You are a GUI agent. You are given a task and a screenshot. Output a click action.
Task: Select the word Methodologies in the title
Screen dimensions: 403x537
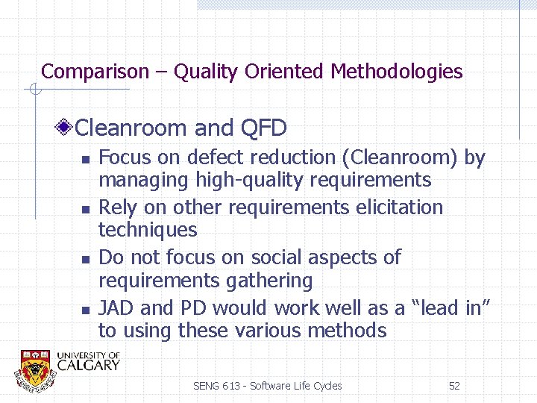397,72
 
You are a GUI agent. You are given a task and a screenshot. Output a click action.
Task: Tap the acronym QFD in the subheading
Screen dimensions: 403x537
264,128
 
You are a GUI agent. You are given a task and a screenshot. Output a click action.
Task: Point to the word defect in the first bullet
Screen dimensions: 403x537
219,157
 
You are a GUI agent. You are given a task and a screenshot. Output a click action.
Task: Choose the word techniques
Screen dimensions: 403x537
148,230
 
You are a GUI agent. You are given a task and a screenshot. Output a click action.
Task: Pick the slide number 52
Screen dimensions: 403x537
454,386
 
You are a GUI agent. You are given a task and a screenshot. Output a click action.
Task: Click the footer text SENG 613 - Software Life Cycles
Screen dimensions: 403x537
267,386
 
